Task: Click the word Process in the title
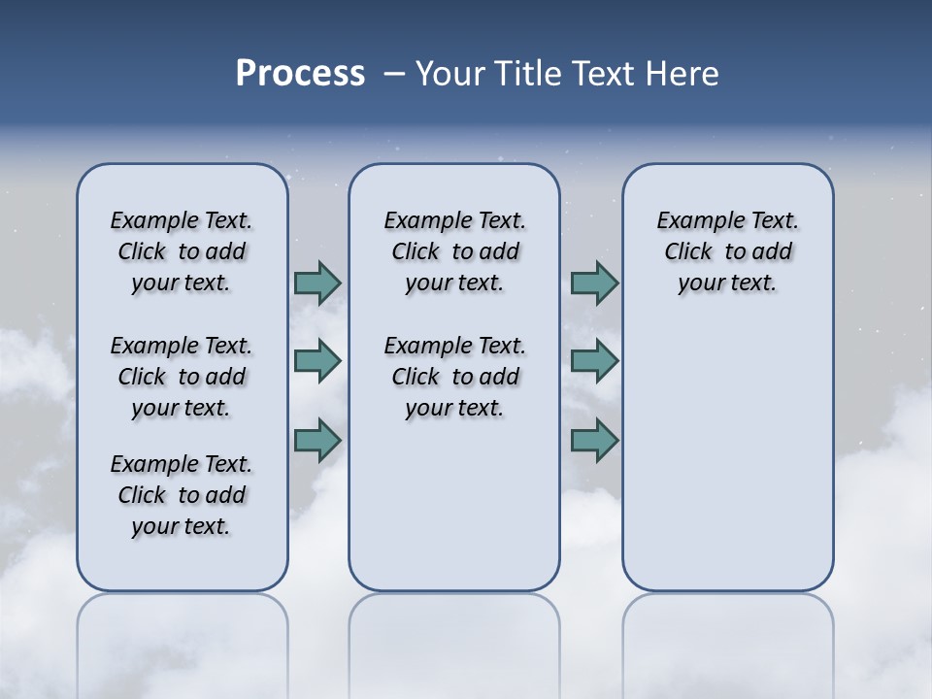click(300, 74)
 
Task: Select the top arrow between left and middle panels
click(317, 283)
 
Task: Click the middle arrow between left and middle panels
click(317, 361)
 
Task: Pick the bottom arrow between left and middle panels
click(317, 440)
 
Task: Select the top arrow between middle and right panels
click(594, 283)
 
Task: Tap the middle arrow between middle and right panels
click(594, 361)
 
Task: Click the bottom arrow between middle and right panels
click(594, 440)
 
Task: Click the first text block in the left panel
click(182, 251)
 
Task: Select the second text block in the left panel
click(182, 377)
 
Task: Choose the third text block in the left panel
click(182, 495)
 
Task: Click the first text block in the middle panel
click(454, 251)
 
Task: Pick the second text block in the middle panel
click(454, 377)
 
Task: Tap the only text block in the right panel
click(727, 251)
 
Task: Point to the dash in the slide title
click(395, 74)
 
